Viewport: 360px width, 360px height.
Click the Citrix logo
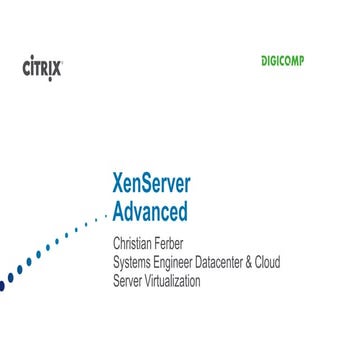(x=41, y=69)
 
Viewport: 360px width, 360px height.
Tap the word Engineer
(x=188, y=262)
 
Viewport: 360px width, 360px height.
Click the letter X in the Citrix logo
(x=58, y=69)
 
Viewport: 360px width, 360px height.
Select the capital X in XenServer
(x=120, y=186)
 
